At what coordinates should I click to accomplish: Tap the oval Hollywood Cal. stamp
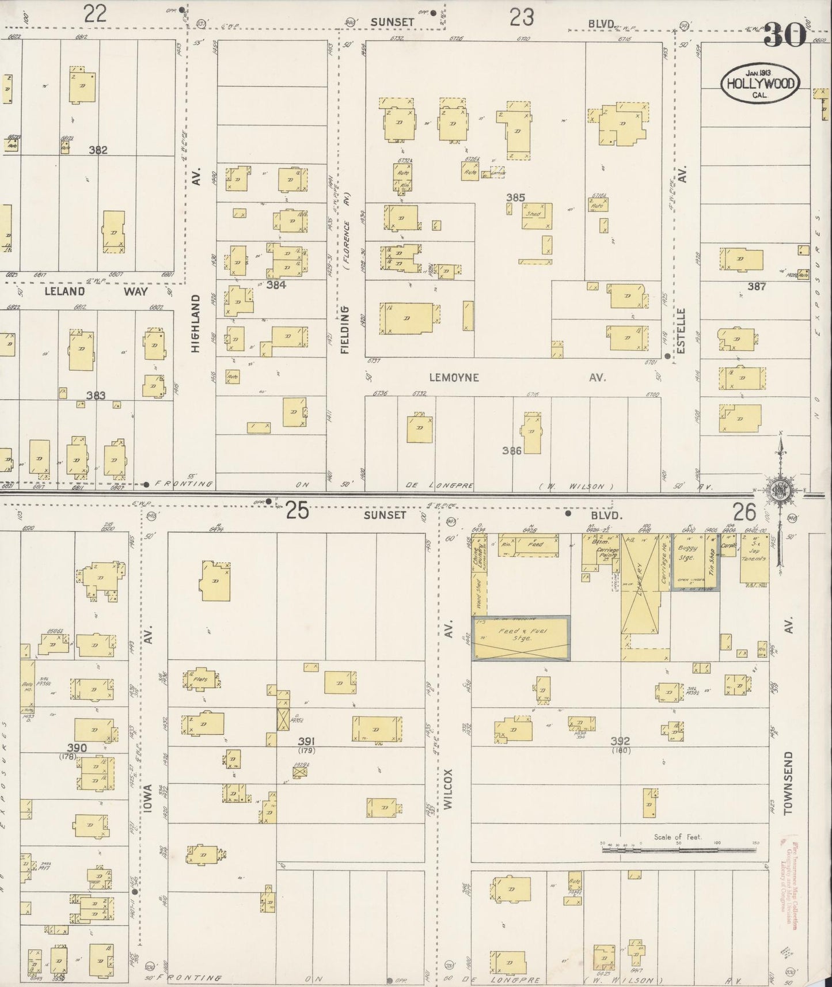(760, 84)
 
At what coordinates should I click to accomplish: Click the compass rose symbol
(780, 491)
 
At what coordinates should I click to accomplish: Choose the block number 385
(515, 198)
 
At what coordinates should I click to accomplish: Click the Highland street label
(195, 324)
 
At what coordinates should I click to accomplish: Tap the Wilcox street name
(449, 789)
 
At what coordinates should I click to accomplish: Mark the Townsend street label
(788, 782)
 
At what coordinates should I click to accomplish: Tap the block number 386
(512, 450)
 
